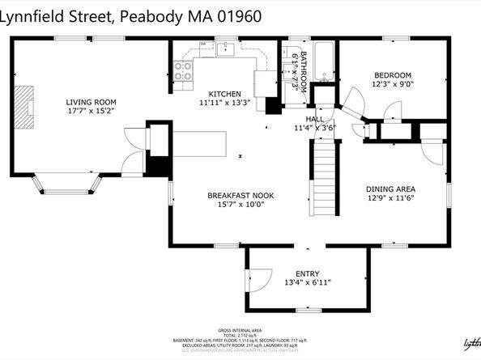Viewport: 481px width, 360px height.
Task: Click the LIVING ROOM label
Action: [x=90, y=102]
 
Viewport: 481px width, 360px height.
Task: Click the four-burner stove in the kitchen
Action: [x=185, y=70]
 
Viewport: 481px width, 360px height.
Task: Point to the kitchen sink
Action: [x=226, y=50]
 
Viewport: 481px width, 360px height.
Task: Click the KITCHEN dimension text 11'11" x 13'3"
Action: [x=219, y=103]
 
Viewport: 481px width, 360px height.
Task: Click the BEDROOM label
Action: [x=392, y=74]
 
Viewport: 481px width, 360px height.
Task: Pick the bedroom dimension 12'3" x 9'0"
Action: [x=392, y=83]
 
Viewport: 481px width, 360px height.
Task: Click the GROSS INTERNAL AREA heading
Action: [x=240, y=331]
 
